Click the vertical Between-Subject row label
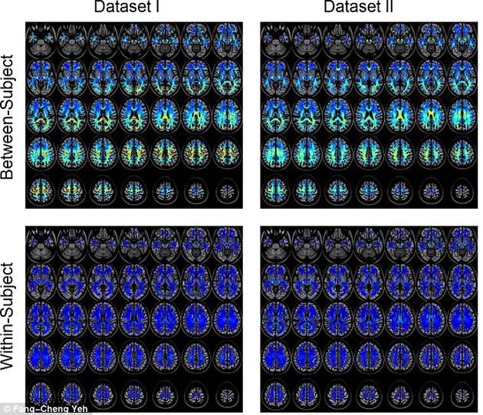point(9,115)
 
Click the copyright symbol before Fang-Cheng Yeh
point(5,408)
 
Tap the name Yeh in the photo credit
point(71,408)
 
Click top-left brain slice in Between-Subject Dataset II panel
point(276,41)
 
